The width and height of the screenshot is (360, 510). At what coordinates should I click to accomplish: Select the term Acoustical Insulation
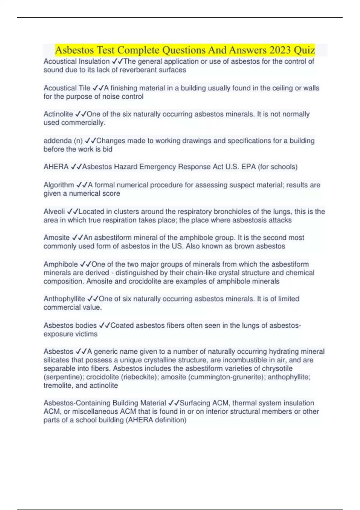pyautogui.click(x=76, y=61)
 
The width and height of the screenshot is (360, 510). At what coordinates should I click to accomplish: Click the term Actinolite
pyautogui.click(x=58, y=114)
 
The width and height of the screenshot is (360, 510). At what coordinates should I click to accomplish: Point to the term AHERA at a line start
pyautogui.click(x=56, y=167)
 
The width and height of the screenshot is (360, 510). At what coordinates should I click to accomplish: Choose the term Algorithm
pyautogui.click(x=59, y=185)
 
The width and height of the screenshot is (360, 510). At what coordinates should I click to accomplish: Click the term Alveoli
pyautogui.click(x=54, y=211)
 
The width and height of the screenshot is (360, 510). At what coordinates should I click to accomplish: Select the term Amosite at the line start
pyautogui.click(x=56, y=238)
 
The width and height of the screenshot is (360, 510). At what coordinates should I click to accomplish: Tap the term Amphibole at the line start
pyautogui.click(x=61, y=264)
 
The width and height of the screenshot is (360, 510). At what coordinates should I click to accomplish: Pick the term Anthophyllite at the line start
pyautogui.click(x=64, y=299)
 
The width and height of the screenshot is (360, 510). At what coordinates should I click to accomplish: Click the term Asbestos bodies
pyautogui.click(x=70, y=325)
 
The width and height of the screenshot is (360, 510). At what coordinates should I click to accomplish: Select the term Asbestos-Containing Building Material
pyautogui.click(x=105, y=403)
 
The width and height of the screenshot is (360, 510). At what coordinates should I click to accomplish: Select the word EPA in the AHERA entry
pyautogui.click(x=248, y=167)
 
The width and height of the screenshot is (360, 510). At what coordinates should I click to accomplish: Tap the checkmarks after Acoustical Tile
pyautogui.click(x=98, y=88)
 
